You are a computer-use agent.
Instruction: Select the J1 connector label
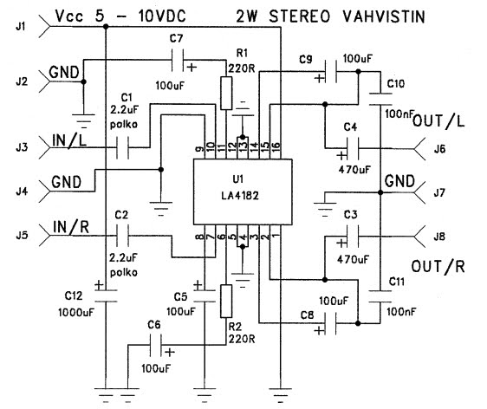pos(18,29)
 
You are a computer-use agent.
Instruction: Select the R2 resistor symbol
pos(226,301)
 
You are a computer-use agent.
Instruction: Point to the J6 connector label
pos(440,149)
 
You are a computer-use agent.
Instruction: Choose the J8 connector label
pos(440,234)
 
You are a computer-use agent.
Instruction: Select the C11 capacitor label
pos(394,283)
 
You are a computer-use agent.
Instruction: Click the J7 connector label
pos(440,192)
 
